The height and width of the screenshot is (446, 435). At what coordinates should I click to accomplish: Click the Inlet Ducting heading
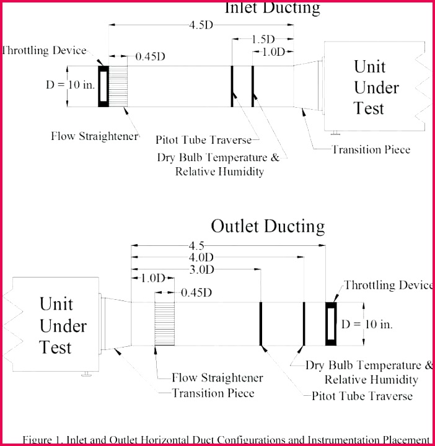point(272,8)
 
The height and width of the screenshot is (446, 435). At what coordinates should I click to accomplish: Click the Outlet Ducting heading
point(268,226)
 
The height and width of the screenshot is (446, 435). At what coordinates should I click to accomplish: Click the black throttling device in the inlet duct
point(103,86)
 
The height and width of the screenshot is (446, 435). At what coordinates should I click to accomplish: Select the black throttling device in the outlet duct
point(332,323)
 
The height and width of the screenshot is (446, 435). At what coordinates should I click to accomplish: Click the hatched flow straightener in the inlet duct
point(119,86)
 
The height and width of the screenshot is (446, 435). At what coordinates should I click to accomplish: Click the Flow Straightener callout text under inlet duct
point(94,136)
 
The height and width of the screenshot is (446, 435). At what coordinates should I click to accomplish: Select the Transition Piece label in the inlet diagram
point(371,149)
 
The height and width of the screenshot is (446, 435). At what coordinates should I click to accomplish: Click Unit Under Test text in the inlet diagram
point(376,87)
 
